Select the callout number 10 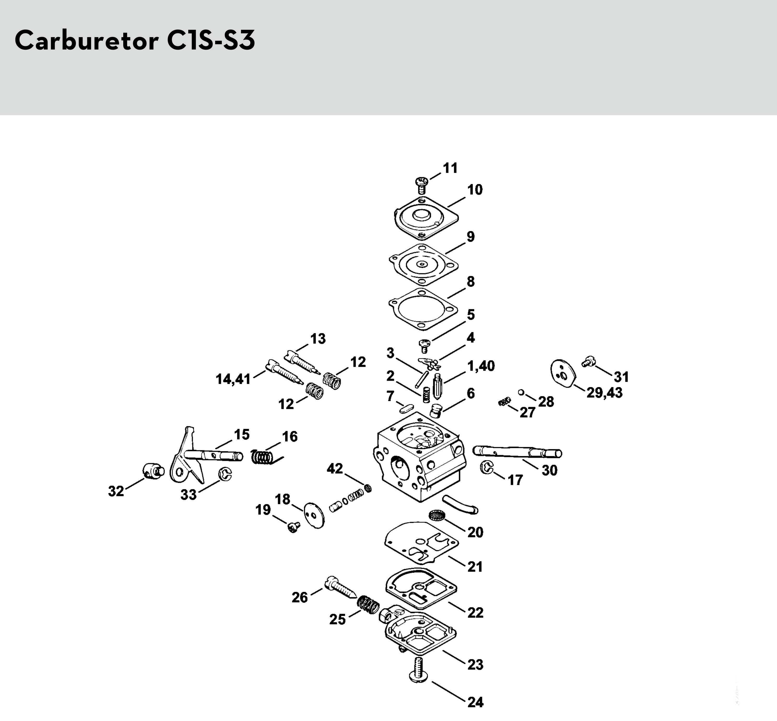475,190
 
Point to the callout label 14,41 233,379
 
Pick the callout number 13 318,339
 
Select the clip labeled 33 225,474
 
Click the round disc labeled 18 315,515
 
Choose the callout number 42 334,468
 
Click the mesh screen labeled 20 437,516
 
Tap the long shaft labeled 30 517,452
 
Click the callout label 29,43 604,392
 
